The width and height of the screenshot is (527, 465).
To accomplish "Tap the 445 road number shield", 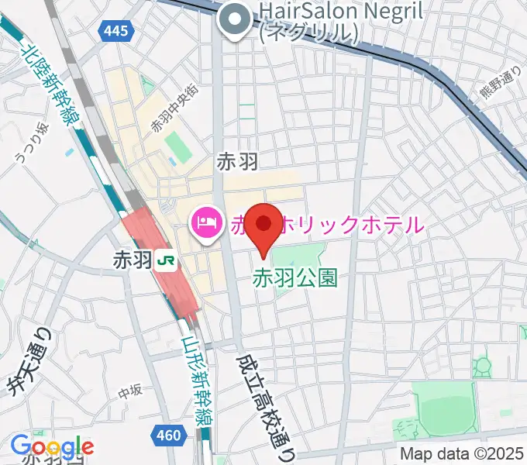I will click(118, 32).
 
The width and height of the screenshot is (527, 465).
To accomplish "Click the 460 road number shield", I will click(170, 436).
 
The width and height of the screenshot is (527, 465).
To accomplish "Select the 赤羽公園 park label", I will click(286, 276).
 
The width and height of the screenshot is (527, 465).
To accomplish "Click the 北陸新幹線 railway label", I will click(47, 84).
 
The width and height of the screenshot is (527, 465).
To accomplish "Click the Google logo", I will click(52, 446).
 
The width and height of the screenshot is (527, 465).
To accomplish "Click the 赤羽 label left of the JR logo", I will click(130, 260).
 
